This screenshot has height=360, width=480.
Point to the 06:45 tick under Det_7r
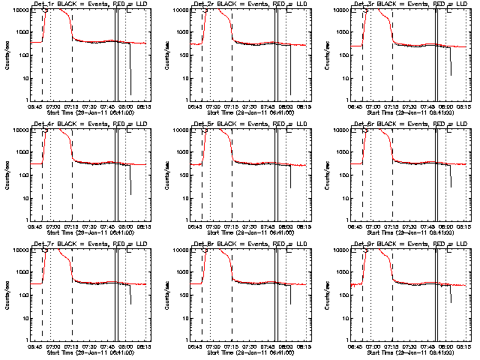click(x=35, y=346)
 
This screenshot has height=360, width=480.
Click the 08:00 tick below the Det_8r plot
click(x=286, y=346)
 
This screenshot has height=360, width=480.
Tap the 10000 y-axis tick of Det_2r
click(x=178, y=10)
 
